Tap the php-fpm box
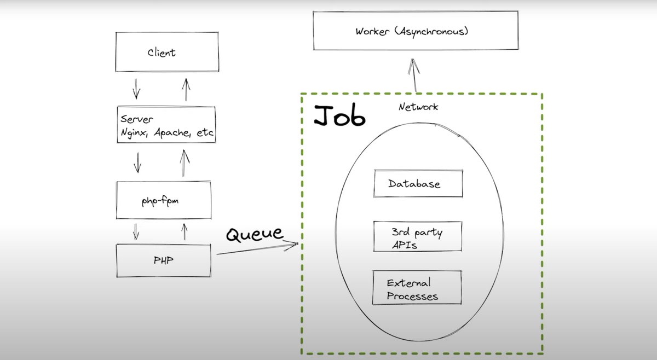tap(164, 201)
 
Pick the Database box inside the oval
tap(418, 184)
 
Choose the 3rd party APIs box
tap(417, 238)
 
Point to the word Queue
tap(255, 234)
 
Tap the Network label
tap(418, 107)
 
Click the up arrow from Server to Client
tap(186, 89)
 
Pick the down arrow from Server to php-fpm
tap(137, 161)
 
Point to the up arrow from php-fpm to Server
tap(185, 162)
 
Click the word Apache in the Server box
tap(172, 132)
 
